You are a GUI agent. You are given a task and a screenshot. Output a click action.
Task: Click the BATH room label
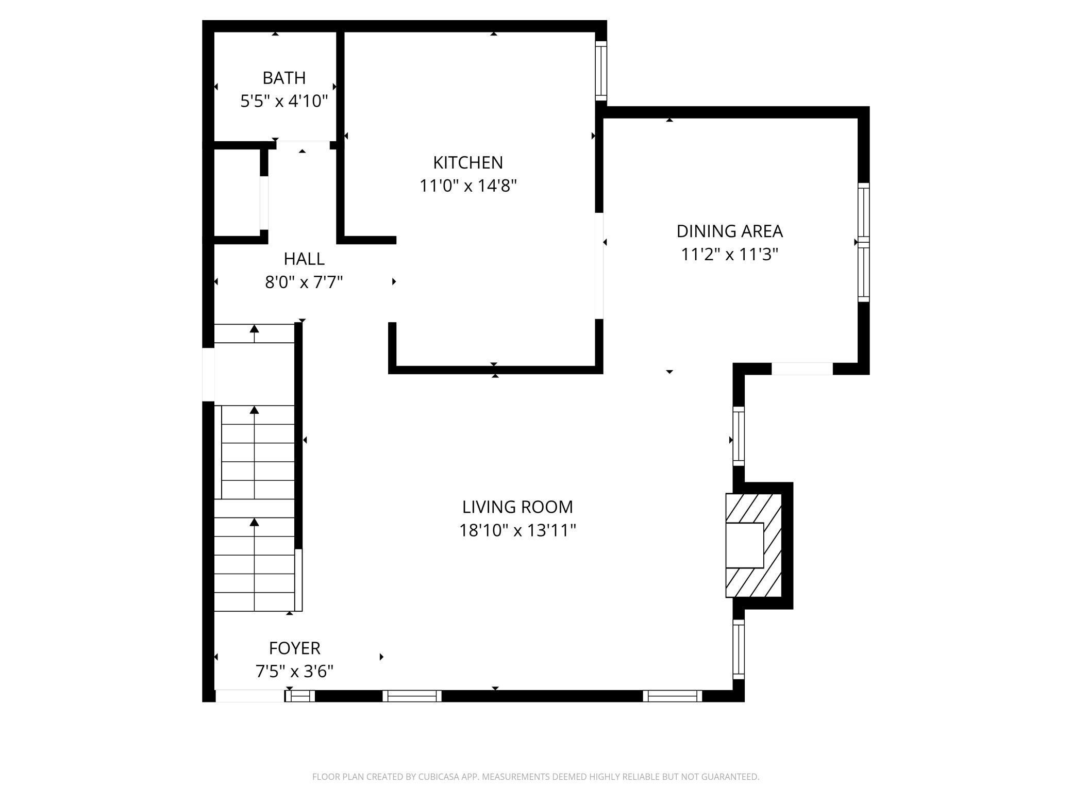click(x=284, y=78)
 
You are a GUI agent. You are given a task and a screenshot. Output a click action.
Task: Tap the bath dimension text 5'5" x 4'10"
click(x=284, y=101)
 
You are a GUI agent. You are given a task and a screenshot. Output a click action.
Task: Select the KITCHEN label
click(x=467, y=162)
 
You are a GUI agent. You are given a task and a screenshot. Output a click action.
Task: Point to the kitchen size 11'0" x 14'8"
click(x=467, y=186)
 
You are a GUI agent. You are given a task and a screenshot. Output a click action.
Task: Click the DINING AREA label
click(x=729, y=231)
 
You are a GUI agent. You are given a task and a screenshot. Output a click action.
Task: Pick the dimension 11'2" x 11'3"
click(x=729, y=255)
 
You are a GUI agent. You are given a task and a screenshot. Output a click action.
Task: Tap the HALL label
click(x=304, y=259)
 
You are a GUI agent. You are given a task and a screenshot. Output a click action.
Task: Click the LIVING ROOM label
click(x=517, y=507)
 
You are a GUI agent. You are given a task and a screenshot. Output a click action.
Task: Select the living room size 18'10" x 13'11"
click(x=517, y=530)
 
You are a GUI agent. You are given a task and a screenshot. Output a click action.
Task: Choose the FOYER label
click(x=294, y=648)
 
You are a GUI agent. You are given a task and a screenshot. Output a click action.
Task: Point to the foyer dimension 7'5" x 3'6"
click(x=294, y=672)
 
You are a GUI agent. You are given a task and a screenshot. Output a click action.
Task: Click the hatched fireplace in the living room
click(x=753, y=545)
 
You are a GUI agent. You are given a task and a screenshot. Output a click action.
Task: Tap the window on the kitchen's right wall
click(x=601, y=71)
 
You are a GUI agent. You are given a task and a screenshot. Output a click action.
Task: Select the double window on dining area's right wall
click(x=863, y=242)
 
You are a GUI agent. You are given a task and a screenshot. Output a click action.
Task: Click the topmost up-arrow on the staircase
click(x=254, y=329)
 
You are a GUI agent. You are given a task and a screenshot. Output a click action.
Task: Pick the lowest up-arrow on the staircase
click(x=254, y=523)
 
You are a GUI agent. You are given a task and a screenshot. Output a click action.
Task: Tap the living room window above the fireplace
click(x=739, y=435)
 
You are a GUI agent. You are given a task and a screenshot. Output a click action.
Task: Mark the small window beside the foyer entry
click(x=300, y=696)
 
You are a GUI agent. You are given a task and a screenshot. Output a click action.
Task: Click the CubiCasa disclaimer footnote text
click(x=535, y=777)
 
